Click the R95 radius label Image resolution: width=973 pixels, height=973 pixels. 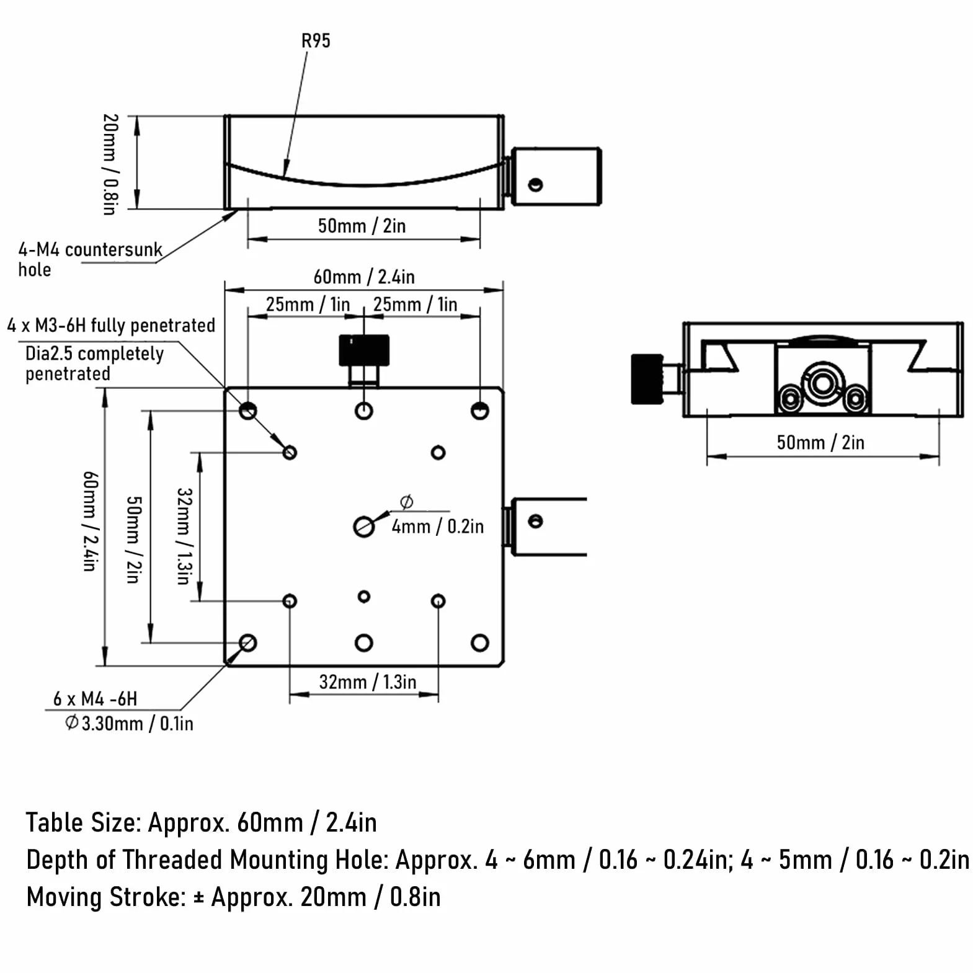pos(316,41)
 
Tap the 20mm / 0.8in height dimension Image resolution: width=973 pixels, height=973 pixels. pos(110,164)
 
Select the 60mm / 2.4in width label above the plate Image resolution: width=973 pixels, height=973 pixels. pos(364,277)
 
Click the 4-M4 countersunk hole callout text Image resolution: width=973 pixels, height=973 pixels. pos(90,259)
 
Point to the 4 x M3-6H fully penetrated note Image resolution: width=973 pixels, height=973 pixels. pos(111,325)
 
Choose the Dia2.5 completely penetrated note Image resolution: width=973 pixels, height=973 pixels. pos(94,363)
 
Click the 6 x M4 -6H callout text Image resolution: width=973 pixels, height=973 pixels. pos(95,699)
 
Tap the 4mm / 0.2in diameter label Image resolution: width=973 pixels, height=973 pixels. pos(438,526)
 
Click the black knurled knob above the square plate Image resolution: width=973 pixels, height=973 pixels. pos(364,350)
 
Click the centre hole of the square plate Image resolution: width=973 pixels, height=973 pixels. pos(364,526)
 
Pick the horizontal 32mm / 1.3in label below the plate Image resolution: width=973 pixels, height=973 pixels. pos(368,682)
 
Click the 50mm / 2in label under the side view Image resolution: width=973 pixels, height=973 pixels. pos(820,442)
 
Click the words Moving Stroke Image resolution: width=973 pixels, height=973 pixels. pos(106,897)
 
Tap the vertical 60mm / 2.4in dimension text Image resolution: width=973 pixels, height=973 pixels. pos(90,521)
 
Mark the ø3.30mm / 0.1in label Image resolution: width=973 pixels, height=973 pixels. pos(129,723)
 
